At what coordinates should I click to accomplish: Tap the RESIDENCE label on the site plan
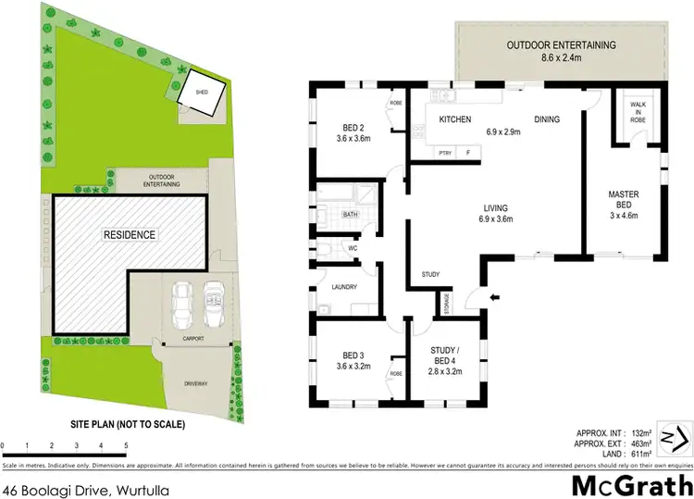[x=129, y=234]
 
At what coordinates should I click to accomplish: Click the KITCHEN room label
[x=455, y=120]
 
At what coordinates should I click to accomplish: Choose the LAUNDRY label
[x=344, y=288]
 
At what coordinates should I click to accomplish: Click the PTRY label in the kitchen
[x=444, y=152]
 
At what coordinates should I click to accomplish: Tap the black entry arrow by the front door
[x=494, y=297]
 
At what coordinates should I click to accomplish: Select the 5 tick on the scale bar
[x=126, y=447]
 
